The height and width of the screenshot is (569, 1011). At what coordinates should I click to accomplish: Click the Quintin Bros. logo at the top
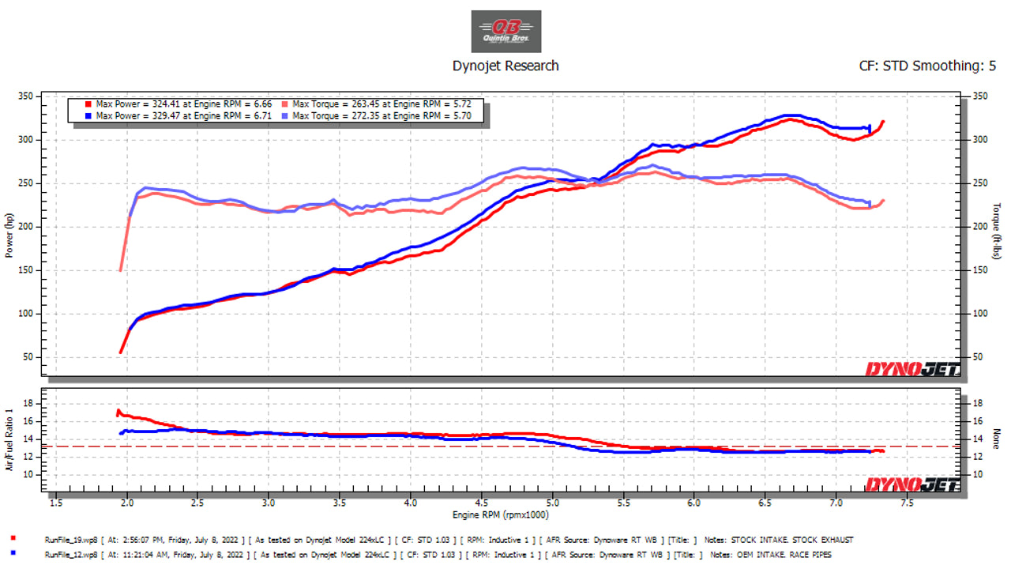click(x=505, y=32)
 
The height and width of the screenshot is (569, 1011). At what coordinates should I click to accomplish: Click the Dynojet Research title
click(x=505, y=66)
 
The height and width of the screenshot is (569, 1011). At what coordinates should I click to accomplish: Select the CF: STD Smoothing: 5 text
click(x=927, y=66)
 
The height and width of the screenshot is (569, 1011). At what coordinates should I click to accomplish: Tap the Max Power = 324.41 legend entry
click(x=182, y=104)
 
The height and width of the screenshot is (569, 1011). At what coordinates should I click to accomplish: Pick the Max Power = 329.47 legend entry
click(x=182, y=115)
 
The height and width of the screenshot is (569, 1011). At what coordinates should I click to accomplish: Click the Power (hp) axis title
click(x=9, y=236)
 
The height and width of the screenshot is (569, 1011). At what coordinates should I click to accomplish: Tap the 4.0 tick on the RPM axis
click(x=410, y=503)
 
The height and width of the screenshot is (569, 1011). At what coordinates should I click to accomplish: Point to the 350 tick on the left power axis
click(x=27, y=96)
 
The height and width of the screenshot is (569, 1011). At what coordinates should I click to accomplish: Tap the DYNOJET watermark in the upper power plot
click(x=912, y=368)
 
